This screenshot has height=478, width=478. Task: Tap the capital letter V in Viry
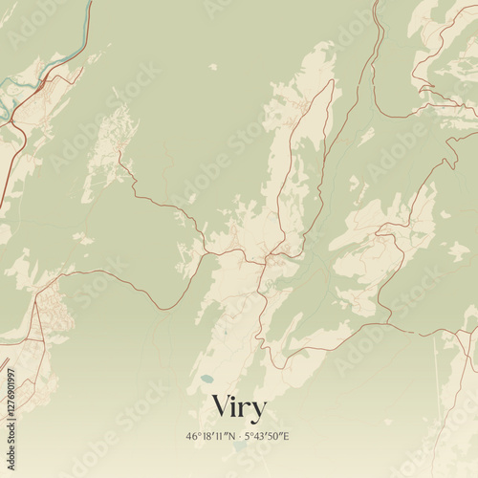point(221,405)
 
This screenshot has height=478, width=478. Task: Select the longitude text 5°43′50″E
point(269,436)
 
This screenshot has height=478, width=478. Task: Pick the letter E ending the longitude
point(288,436)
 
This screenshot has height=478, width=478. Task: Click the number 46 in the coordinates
point(192,436)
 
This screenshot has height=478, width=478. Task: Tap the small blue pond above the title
point(206,380)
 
